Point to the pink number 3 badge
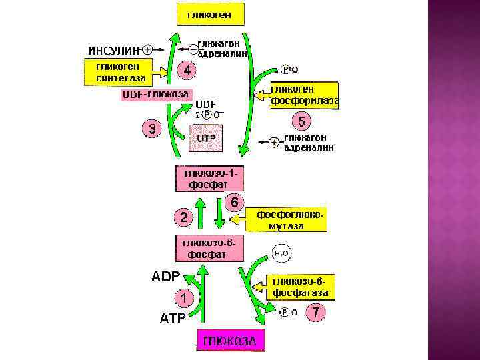pos(152,129)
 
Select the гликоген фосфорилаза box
pos(303,95)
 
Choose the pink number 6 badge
pos(235,201)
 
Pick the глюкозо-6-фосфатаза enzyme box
pos(299,287)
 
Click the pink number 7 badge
pos(317,311)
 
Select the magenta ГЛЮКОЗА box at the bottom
pos(229,340)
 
